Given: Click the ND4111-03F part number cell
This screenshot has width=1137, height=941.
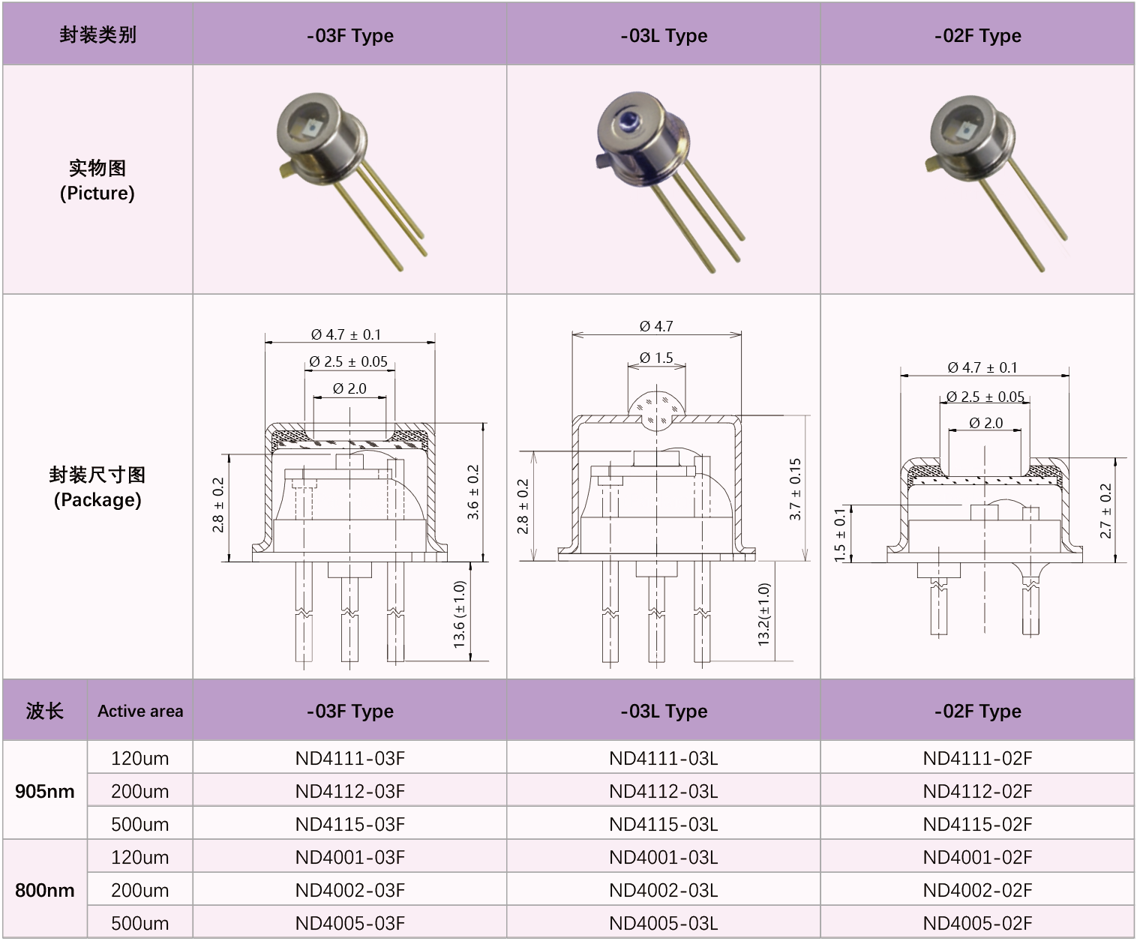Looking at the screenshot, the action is coord(350,758).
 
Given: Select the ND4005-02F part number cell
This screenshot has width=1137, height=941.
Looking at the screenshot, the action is coord(977,923).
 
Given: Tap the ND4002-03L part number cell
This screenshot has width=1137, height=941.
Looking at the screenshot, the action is coord(663,890).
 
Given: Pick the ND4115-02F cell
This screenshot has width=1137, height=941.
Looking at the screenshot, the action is coord(977,824).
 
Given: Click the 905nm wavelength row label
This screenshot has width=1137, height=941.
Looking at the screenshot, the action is coord(45,791).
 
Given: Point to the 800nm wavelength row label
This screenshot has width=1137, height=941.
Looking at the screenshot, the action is coord(45,890).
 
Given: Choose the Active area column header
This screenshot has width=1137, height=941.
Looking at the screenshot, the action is coord(140,712).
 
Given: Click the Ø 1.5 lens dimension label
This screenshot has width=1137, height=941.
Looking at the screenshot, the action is coord(656,358).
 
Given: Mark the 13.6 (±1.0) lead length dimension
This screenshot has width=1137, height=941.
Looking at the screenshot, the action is coord(460,614).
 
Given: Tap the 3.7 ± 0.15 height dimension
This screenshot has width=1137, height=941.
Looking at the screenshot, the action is coord(796,489).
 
